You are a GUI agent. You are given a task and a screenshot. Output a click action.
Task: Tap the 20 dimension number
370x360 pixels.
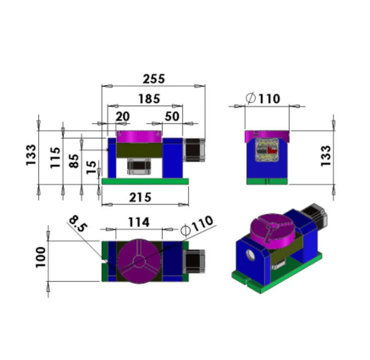click(x=122, y=116)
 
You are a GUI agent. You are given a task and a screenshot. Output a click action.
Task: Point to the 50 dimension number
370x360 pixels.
click(x=171, y=116)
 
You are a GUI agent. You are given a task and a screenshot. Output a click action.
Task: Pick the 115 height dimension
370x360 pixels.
click(x=54, y=157)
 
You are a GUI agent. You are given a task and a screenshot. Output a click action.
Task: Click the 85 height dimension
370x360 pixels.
click(x=74, y=161)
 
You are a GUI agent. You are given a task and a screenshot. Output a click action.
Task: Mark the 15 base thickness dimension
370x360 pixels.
click(x=92, y=165)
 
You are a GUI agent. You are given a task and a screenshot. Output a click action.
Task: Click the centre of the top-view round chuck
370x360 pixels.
click(x=138, y=260)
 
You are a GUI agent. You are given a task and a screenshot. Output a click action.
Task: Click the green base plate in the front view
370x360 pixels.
click(x=145, y=181)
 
